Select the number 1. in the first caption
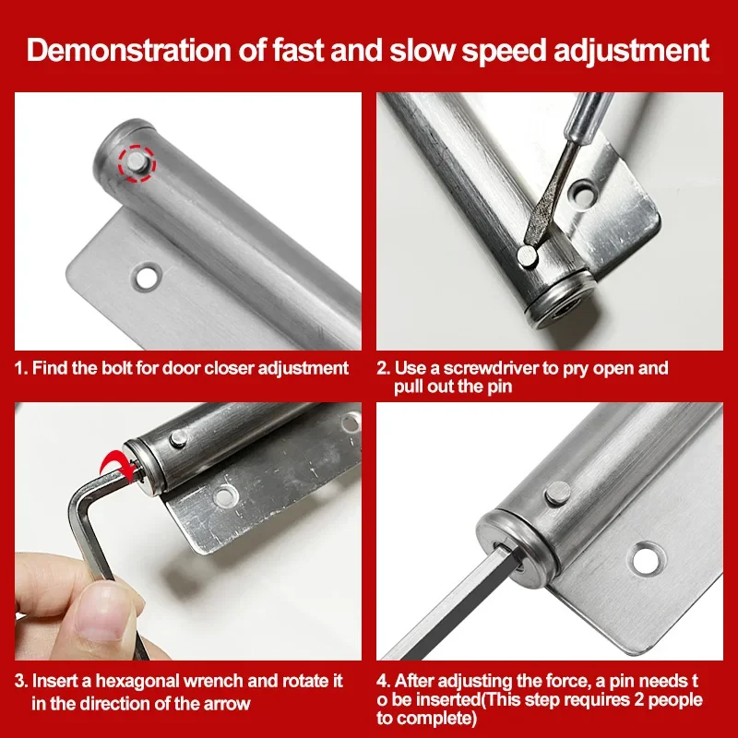[21, 368]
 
